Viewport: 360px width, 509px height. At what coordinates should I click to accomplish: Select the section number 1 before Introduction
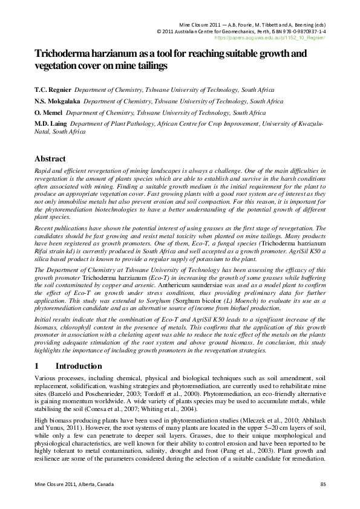pos(37,366)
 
